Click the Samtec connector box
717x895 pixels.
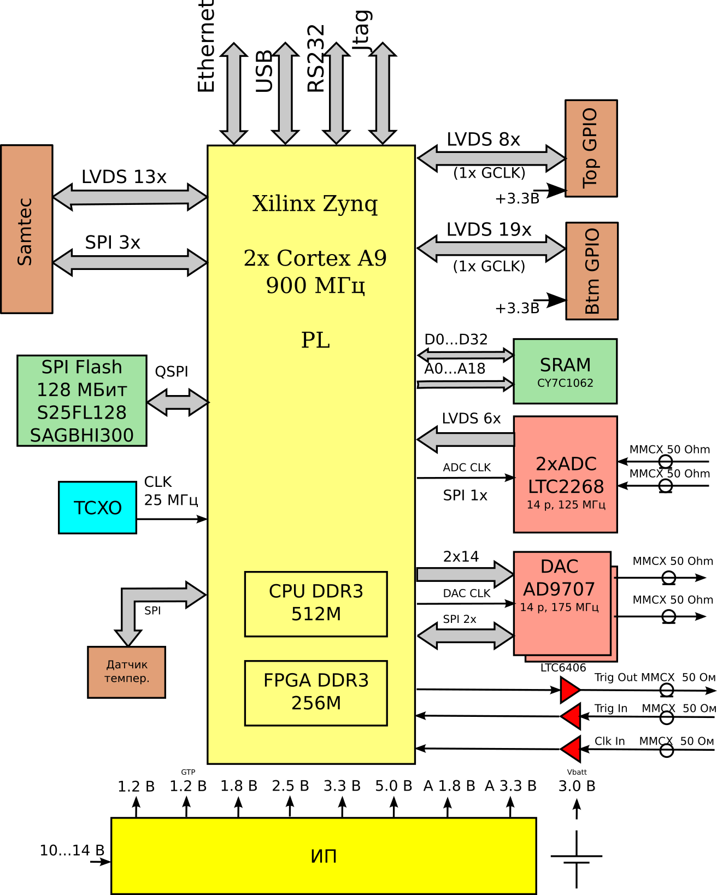tap(26, 229)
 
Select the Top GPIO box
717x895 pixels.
tap(591, 148)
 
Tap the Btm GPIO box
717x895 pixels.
tap(592, 271)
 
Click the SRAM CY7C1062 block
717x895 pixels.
tap(565, 372)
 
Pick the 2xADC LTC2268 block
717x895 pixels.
tap(565, 474)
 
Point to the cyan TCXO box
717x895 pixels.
tap(97, 508)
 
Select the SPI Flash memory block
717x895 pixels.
tap(82, 401)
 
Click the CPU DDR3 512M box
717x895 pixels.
tap(316, 604)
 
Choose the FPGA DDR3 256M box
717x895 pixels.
tap(316, 693)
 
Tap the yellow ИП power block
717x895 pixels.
tap(324, 856)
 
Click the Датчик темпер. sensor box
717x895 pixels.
tap(126, 672)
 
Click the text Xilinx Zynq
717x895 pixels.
tap(315, 204)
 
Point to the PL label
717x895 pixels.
tap(315, 340)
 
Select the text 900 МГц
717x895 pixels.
tap(315, 286)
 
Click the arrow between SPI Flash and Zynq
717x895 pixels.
tap(178, 402)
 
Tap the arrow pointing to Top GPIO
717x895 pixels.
tap(491, 158)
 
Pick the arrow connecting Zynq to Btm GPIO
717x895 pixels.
tap(491, 249)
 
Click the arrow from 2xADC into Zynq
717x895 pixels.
tap(467, 439)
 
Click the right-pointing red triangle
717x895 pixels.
tap(569, 690)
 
